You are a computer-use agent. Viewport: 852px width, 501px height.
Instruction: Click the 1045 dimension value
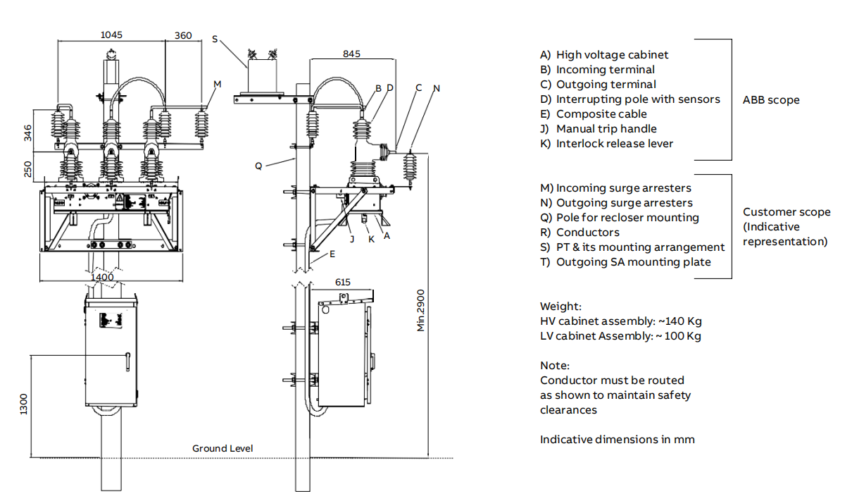click(x=111, y=35)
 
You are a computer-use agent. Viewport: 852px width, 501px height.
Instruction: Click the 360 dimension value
click(x=183, y=35)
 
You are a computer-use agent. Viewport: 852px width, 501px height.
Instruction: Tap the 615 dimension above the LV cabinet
click(x=342, y=282)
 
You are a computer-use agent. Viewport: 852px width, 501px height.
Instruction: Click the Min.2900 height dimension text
click(x=421, y=310)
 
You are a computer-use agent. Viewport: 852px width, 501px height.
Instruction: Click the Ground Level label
click(x=223, y=448)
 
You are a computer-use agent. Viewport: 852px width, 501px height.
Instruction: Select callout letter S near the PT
click(x=215, y=39)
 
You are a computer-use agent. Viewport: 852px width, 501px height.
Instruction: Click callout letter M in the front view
click(x=217, y=84)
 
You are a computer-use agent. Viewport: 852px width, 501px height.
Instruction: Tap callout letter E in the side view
click(x=332, y=254)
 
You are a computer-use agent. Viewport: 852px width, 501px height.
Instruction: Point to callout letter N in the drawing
click(x=436, y=88)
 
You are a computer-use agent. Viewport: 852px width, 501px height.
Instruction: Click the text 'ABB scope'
click(x=771, y=99)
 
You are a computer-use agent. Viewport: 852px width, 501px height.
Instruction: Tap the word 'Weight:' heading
click(x=560, y=306)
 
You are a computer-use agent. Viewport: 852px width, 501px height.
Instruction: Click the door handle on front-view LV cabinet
click(x=128, y=361)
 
